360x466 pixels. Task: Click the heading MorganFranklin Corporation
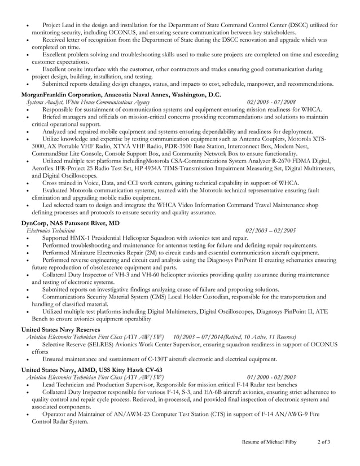[62, 94]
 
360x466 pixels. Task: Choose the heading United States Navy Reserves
[60, 329]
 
